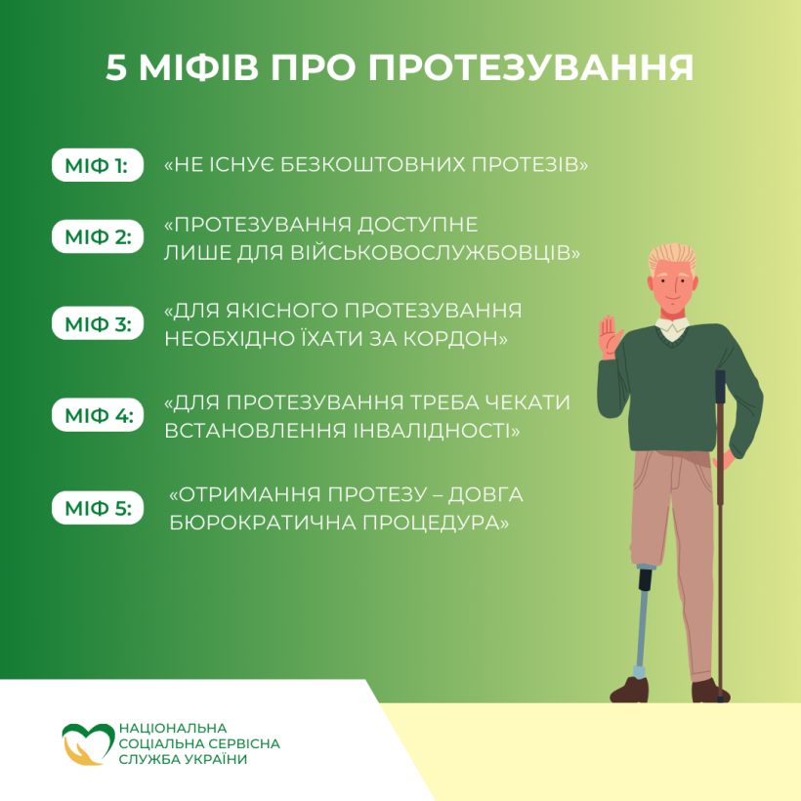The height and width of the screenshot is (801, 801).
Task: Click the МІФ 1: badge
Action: (97, 165)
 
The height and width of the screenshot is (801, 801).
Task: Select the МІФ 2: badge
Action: (97, 236)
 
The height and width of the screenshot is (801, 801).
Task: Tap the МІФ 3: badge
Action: (97, 323)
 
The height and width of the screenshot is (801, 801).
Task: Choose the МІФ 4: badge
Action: (97, 415)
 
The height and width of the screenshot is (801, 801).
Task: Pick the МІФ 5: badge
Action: (97, 508)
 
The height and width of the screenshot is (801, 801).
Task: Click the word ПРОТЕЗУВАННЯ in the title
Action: (530, 67)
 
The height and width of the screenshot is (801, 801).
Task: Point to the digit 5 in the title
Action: (116, 67)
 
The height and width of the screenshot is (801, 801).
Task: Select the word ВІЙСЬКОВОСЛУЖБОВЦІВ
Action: (436, 252)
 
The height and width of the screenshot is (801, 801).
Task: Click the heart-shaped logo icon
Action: (87, 743)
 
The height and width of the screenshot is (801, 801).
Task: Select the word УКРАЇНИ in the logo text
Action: (215, 759)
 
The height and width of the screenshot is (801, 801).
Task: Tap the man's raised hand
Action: (610, 337)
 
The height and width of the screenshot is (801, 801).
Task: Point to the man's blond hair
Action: (672, 258)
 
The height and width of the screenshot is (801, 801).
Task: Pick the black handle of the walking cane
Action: (720, 387)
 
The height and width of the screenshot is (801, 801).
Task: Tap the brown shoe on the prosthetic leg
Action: (629, 689)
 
